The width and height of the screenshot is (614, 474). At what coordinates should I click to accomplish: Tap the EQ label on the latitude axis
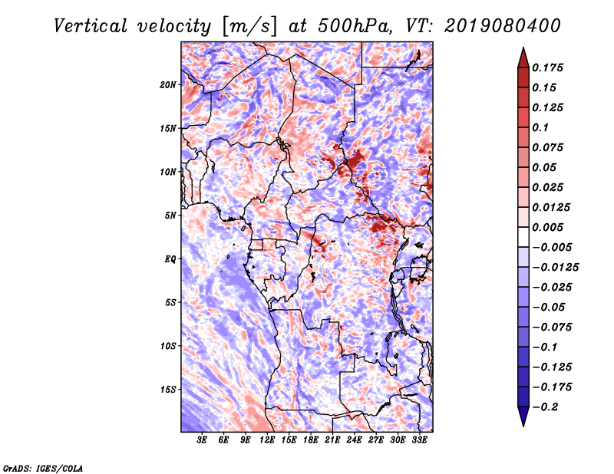tap(170, 259)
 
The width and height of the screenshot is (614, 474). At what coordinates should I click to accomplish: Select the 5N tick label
tap(171, 216)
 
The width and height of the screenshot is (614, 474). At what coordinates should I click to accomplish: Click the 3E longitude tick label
tap(203, 440)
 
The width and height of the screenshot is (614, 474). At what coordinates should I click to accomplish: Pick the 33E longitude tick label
tap(419, 440)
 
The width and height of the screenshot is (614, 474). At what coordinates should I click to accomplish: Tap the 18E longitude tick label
tap(311, 440)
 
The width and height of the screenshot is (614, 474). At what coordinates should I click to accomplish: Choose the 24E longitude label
tap(355, 440)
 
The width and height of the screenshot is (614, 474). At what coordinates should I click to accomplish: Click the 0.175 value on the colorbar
tap(550, 67)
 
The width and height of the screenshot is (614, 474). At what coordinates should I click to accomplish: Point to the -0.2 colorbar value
tap(546, 407)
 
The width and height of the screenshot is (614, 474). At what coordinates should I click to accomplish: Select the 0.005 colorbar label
tap(550, 227)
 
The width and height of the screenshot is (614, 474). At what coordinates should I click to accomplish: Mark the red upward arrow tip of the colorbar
tap(523, 51)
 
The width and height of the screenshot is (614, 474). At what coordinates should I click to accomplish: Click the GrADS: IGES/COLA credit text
tap(43, 467)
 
